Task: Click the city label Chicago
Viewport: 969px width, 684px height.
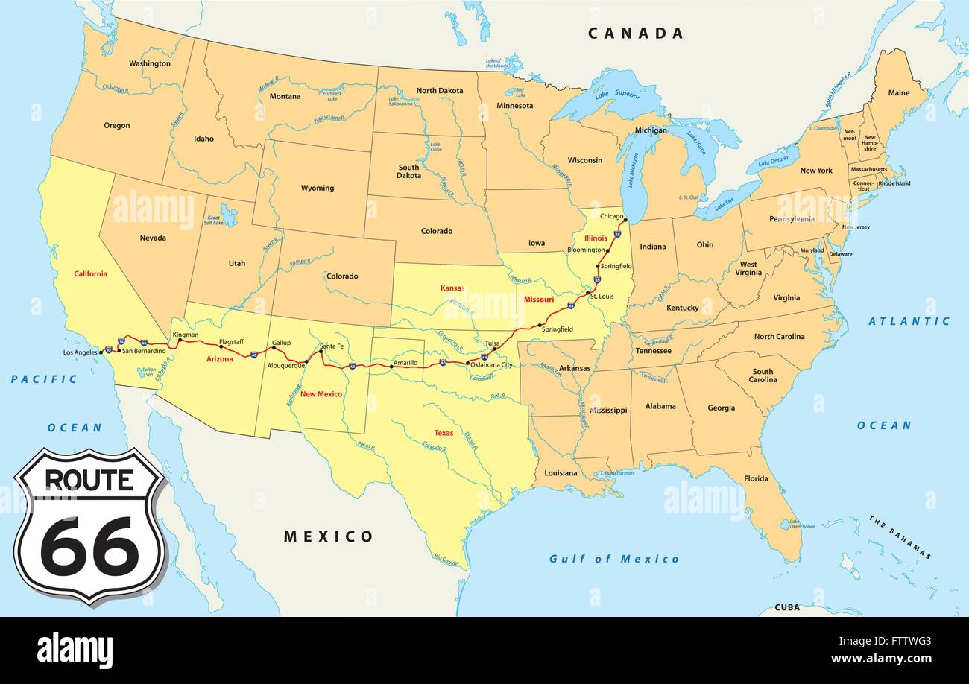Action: point(612,216)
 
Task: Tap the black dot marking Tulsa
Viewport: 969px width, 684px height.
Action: point(494,349)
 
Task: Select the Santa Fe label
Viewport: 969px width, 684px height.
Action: point(332,346)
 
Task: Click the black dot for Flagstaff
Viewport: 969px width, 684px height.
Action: point(221,347)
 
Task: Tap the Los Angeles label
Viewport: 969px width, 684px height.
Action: point(80,352)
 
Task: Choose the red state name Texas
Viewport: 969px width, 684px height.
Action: point(444,432)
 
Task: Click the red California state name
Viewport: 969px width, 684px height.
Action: point(90,273)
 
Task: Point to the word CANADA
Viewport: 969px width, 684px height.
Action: point(635,33)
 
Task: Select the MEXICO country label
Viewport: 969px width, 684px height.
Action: point(328,536)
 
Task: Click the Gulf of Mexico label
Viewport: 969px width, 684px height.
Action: point(614,559)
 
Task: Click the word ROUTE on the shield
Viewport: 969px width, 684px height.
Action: point(89,480)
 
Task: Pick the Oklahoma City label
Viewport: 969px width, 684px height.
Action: point(492,365)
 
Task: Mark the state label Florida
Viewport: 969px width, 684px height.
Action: point(756,478)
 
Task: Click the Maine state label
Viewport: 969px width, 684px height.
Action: point(899,93)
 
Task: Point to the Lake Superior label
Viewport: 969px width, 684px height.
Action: point(617,95)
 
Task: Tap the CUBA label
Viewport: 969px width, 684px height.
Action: point(787,607)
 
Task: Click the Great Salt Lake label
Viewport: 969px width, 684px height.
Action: point(213,221)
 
